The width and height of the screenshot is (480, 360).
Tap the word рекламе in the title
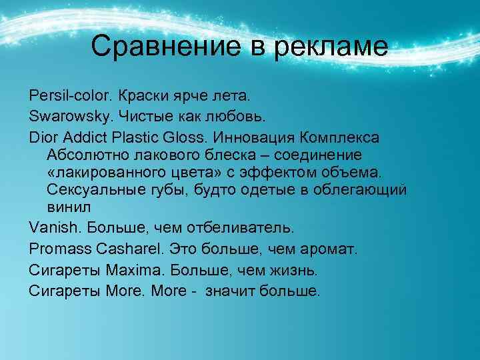[331, 46]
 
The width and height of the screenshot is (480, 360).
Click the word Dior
[44, 138]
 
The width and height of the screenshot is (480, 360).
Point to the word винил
[66, 208]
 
